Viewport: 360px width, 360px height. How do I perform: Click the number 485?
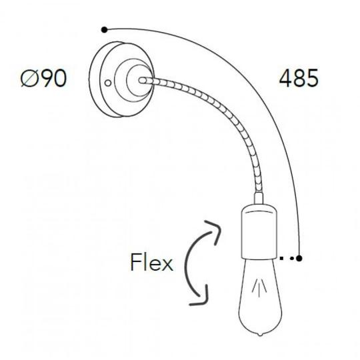click(298, 79)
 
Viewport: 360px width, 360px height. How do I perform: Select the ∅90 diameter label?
click(43, 79)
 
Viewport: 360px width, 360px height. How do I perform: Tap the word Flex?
click(151, 263)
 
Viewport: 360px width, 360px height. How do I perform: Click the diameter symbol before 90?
click(29, 79)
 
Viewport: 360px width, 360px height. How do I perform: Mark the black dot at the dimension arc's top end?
click(104, 29)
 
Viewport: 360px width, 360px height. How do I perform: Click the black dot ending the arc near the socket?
click(299, 258)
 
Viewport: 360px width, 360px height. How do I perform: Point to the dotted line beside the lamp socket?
click(286, 258)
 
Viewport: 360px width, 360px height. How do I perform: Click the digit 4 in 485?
click(284, 79)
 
